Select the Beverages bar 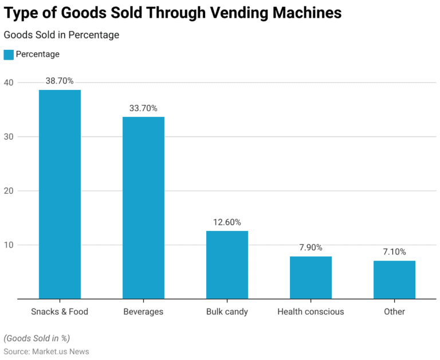[143, 208]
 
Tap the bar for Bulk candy [227, 264]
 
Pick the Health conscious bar [311, 277]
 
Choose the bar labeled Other [394, 280]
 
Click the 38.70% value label [60, 81]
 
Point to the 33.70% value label [143, 108]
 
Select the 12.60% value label [227, 222]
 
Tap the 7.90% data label [311, 248]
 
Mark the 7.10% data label [394, 252]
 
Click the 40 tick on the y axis [9, 83]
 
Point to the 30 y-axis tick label [9, 136]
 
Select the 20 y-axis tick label [9, 191]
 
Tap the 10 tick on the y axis [9, 245]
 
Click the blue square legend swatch [9, 54]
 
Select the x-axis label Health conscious [311, 312]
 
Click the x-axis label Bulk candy [227, 312]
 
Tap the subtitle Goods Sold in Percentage [61, 35]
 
